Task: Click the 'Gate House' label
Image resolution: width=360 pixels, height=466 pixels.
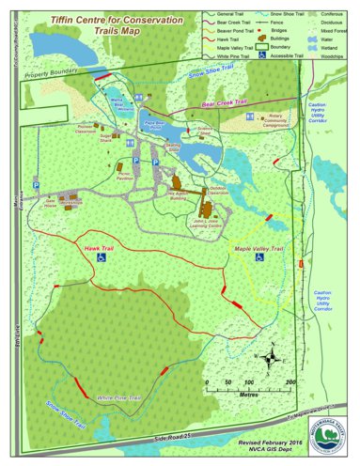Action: point(46,201)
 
